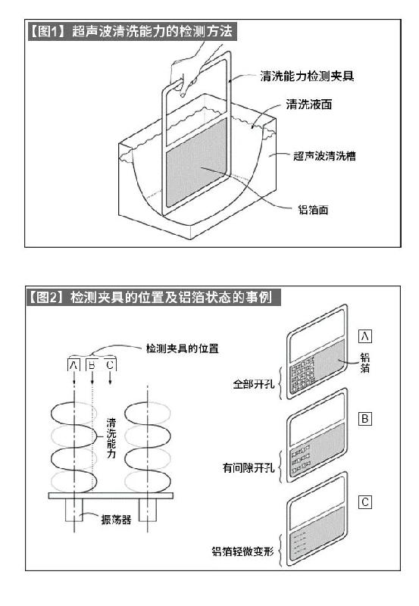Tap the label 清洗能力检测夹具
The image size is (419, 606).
(308, 77)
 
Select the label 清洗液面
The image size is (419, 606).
(309, 104)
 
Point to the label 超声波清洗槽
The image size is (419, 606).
(324, 156)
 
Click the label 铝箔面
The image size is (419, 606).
(313, 210)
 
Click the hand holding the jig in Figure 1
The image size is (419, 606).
(193, 67)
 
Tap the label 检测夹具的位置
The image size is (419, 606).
(182, 348)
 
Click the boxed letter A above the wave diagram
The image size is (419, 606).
(73, 365)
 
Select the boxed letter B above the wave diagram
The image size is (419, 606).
(92, 365)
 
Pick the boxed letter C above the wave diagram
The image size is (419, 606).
(110, 365)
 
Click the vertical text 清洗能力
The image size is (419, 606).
(111, 438)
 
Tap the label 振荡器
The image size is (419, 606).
(116, 519)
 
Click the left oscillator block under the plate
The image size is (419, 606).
(73, 510)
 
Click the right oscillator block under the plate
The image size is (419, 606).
(148, 510)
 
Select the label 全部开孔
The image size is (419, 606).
(254, 384)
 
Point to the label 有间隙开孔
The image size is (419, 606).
(249, 468)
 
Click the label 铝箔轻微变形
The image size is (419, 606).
(242, 551)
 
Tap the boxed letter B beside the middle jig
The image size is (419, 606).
(365, 419)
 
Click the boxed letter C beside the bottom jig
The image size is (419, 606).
(365, 502)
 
